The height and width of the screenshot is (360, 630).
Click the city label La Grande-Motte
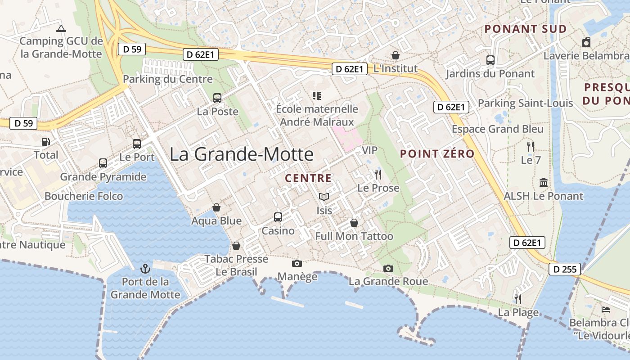point(241,154)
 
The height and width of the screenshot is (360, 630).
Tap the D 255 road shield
point(564,270)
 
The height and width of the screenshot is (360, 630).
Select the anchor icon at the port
point(145,269)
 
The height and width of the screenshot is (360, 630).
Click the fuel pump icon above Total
point(46,142)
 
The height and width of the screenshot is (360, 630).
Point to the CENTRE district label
point(308,178)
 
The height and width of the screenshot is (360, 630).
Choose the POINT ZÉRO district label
point(437,153)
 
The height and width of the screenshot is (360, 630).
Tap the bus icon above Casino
point(278,217)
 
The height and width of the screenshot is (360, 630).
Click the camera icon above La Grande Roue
point(388,268)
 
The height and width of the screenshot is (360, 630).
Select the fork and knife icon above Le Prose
point(378,175)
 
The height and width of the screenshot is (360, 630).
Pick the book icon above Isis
point(324,197)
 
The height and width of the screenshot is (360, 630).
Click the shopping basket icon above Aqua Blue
point(216,207)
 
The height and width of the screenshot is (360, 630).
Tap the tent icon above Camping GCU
point(61,28)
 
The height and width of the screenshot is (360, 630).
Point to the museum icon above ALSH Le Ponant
point(544,183)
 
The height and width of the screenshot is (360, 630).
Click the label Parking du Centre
point(167,79)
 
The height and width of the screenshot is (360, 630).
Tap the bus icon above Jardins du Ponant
point(490,60)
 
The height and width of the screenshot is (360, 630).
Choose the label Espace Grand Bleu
point(498,129)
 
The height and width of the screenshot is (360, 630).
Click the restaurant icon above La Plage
point(518,299)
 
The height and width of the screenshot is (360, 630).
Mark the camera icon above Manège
point(297,263)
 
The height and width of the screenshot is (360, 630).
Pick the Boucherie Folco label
point(84,196)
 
